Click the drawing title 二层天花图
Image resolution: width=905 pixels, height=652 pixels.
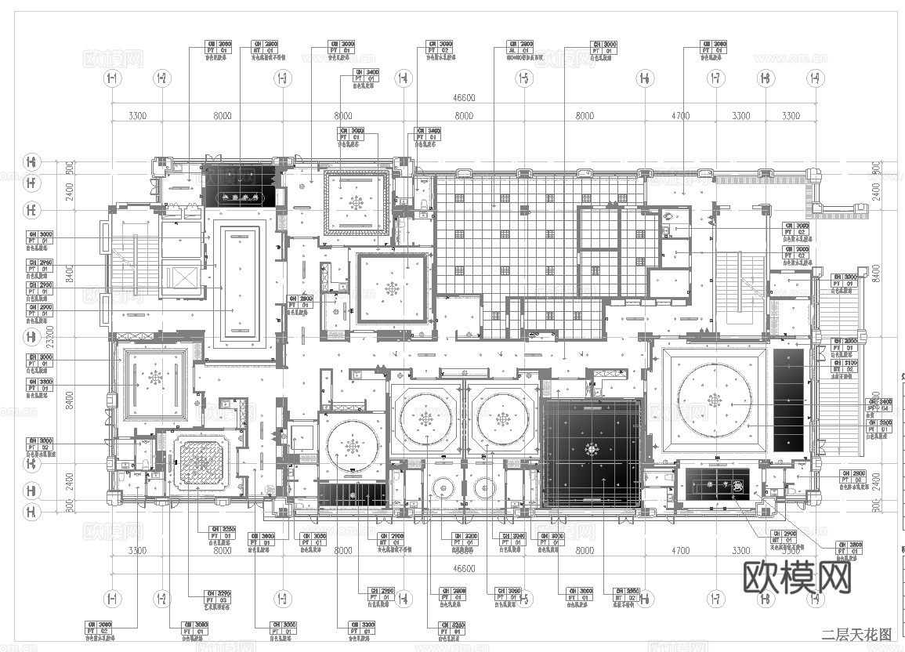pyautogui.click(x=856, y=634)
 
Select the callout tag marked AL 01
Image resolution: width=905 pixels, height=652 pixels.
pyautogui.click(x=520, y=51)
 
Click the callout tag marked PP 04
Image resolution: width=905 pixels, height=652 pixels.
pyautogui.click(x=878, y=404)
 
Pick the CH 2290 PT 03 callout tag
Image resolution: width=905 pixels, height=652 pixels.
pyautogui.click(x=216, y=598)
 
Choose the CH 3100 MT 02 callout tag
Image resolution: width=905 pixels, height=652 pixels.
pyautogui.click(x=844, y=367)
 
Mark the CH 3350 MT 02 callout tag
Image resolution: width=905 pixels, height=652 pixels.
pyautogui.click(x=627, y=595)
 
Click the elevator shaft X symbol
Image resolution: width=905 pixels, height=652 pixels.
pyautogui.click(x=181, y=280)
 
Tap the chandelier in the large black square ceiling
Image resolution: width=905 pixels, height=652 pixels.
pyautogui.click(x=592, y=451)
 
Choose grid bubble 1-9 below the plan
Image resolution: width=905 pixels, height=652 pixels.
pyautogui.click(x=816, y=599)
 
